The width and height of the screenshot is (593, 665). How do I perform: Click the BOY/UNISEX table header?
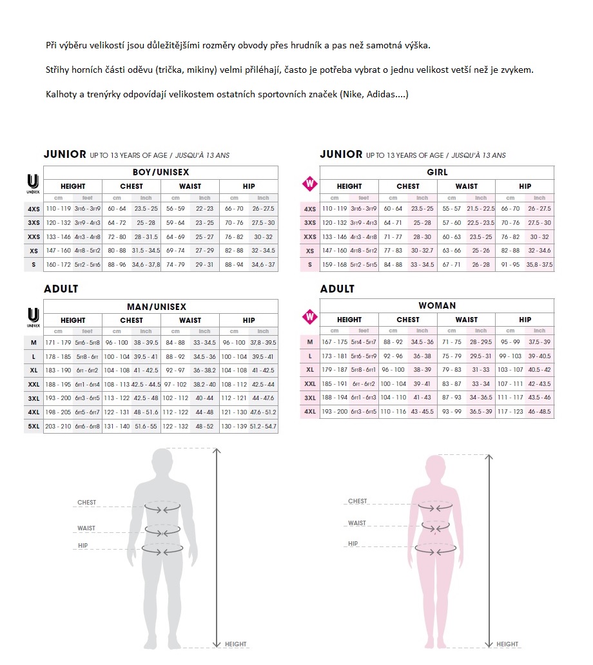(160, 173)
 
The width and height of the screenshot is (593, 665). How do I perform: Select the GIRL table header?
(437, 173)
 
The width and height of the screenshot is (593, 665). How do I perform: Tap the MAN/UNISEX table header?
(160, 307)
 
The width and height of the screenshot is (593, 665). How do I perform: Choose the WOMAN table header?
(437, 305)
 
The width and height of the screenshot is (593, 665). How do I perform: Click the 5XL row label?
(34, 426)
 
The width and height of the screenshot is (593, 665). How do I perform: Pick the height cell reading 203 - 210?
(58, 426)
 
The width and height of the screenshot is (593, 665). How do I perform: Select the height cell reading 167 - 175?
(334, 342)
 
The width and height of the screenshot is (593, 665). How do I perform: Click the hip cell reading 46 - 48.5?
(539, 411)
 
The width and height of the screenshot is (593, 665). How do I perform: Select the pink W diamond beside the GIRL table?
(310, 184)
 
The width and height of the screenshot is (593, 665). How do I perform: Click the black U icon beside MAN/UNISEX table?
(34, 316)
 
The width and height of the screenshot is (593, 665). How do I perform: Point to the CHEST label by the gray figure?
(86, 503)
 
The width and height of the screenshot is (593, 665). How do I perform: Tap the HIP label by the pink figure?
(353, 544)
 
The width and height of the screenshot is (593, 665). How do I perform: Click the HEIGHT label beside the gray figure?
(235, 644)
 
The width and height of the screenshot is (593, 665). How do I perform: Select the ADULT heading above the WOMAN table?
(337, 289)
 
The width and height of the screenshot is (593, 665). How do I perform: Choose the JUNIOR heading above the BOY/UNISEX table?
(64, 154)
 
